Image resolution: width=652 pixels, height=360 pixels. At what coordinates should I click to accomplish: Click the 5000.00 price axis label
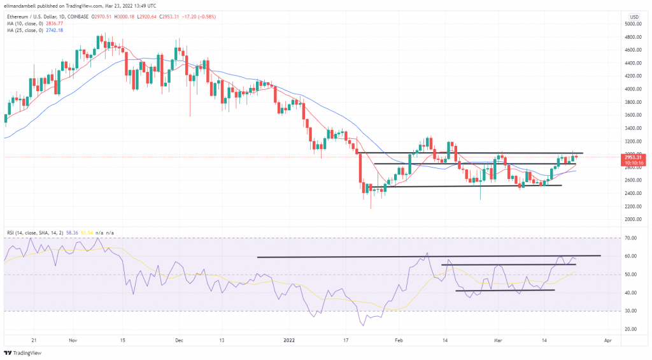pos(633,24)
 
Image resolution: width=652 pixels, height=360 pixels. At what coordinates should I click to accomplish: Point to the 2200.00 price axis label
pos(633,206)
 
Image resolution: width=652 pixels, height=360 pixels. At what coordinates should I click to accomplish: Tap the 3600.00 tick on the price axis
pos(633,115)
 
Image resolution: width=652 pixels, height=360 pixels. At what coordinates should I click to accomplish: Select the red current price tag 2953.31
pos(633,157)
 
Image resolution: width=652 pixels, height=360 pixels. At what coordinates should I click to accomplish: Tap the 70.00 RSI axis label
pos(630,238)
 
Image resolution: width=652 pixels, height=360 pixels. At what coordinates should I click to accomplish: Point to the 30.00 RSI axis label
pos(630,311)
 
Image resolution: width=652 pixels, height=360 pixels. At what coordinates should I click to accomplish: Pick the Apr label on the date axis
pos(607,340)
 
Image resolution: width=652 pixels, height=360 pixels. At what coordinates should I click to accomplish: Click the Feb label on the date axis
pos(398,340)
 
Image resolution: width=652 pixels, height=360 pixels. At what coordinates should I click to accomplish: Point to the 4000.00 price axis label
pos(633,89)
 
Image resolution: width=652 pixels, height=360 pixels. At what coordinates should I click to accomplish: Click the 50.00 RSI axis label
pos(630,275)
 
